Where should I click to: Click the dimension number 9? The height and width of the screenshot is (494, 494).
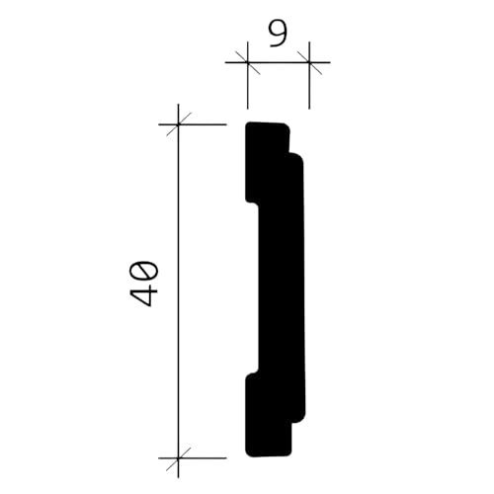[x=279, y=35]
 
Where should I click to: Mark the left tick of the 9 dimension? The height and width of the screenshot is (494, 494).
[x=247, y=62]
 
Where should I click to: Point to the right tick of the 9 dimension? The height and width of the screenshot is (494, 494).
[x=309, y=62]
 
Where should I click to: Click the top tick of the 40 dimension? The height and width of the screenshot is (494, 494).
[x=178, y=124]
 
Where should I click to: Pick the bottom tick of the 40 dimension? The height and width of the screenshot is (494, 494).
[x=178, y=457]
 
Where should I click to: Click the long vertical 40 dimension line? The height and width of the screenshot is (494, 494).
[x=178, y=291]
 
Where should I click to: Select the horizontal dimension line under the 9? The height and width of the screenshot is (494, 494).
[x=278, y=62]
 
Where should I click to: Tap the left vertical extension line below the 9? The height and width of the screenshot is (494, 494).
[x=247, y=75]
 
